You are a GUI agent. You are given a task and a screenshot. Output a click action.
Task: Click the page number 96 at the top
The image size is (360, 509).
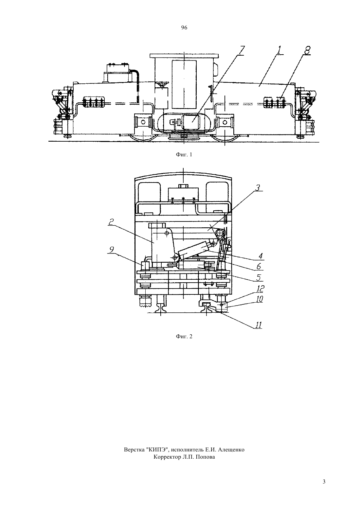coord(184,28)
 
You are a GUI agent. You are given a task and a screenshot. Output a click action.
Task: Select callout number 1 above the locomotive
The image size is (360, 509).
coord(279,50)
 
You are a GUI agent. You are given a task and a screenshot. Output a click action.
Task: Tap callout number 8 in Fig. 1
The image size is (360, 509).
coord(307,50)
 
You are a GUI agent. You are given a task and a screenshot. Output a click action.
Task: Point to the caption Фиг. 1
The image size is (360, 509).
coord(184,155)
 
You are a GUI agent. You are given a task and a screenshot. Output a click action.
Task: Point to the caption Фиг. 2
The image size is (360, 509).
coord(184,336)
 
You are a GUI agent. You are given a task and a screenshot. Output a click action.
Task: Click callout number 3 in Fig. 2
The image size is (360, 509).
coord(258,188)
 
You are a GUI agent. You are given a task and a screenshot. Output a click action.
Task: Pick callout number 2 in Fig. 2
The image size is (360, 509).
coord(111,222)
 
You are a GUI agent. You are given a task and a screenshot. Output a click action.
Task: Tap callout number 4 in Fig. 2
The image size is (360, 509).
coord(261,256)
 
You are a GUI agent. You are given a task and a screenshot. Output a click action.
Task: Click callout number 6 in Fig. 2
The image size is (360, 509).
coord(259,266)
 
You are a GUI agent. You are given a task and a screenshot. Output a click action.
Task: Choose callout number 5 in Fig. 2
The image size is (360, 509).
coord(259,277)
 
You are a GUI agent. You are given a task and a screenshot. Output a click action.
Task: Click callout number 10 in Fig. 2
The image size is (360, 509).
coord(259,299)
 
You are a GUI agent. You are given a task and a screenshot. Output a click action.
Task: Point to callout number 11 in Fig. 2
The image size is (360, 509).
coord(259,325)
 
